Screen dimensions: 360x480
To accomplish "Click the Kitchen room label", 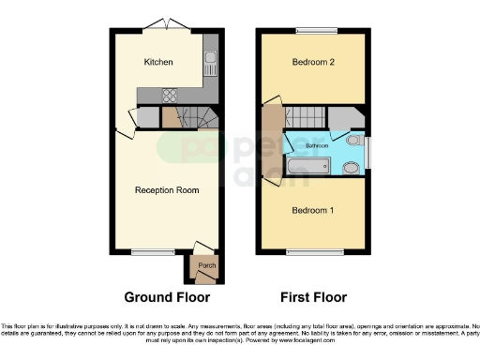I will coord(157,63).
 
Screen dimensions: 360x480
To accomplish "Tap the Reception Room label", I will coord(167,190).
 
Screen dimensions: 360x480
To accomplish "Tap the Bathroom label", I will coord(316,146).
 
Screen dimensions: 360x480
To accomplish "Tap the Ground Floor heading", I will coord(167,297).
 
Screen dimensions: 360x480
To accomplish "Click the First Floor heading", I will coord(314,297).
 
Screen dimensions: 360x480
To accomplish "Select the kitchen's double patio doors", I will coord(165,23).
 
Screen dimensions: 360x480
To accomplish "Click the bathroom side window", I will coord(368,151).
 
